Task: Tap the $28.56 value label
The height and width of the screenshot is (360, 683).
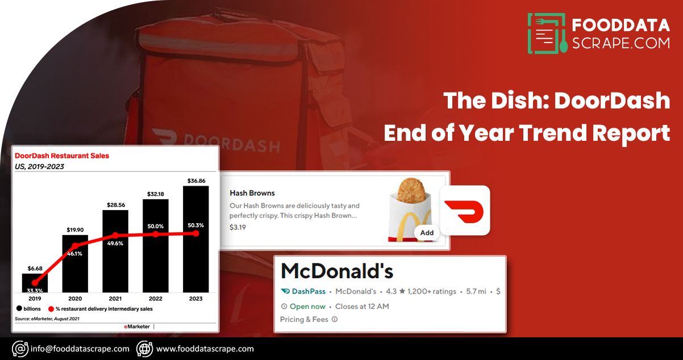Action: tap(115, 204)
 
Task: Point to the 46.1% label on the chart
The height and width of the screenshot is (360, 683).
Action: tap(74, 254)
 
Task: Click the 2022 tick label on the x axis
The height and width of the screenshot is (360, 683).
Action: tap(155, 299)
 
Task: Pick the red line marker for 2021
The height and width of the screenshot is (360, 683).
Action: tap(115, 235)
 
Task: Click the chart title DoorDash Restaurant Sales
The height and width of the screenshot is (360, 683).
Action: tap(62, 155)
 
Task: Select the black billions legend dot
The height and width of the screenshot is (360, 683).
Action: tap(19, 309)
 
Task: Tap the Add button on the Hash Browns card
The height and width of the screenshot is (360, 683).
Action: tap(427, 232)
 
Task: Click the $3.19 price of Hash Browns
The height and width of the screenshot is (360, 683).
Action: tap(238, 227)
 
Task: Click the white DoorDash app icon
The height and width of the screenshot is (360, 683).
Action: tap(465, 210)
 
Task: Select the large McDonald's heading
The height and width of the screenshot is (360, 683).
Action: tap(337, 271)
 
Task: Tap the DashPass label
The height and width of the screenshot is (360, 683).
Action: tap(309, 291)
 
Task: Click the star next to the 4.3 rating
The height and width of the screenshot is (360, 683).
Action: tap(402, 291)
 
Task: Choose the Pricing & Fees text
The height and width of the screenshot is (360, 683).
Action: tap(304, 319)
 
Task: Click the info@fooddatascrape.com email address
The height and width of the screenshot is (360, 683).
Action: tap(80, 349)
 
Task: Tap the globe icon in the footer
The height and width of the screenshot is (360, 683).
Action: tap(144, 349)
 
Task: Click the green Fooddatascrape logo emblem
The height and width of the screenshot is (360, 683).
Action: tap(547, 34)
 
